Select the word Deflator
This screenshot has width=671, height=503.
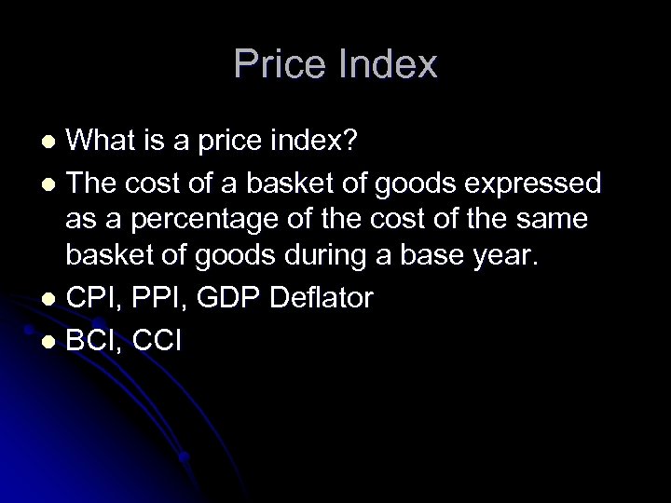point(322,298)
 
